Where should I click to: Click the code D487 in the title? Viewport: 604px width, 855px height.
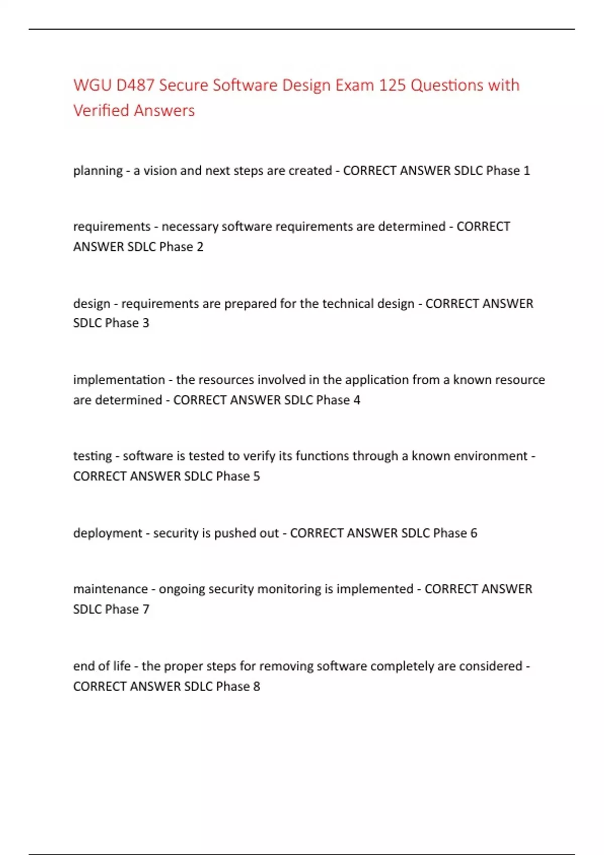click(135, 85)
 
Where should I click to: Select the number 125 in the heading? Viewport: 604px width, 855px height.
click(392, 85)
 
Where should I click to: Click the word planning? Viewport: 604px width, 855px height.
click(98, 171)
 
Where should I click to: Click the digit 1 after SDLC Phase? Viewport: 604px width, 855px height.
click(526, 170)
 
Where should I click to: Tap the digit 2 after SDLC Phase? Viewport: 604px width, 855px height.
click(200, 246)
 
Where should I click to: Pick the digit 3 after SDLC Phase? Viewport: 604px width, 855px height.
click(146, 323)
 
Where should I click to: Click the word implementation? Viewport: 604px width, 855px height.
click(119, 380)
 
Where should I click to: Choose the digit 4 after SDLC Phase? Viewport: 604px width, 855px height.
click(357, 400)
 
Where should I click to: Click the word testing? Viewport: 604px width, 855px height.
click(92, 456)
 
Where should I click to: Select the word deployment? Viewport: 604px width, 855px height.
click(108, 533)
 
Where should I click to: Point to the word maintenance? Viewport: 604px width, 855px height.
click(110, 589)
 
